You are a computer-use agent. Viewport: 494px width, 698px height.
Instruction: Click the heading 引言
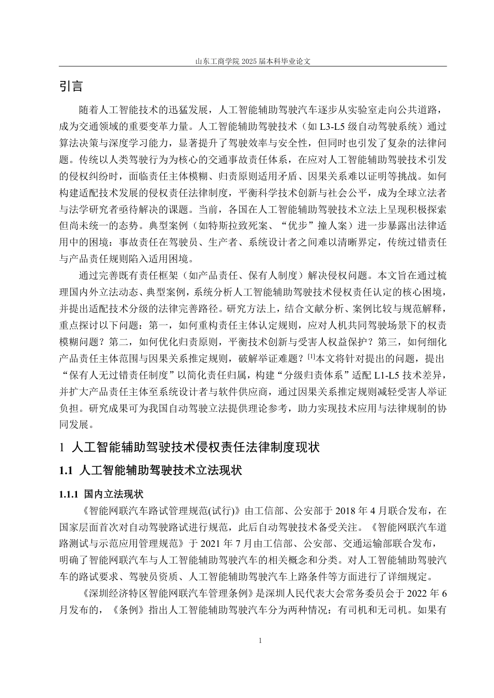(x=71, y=86)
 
